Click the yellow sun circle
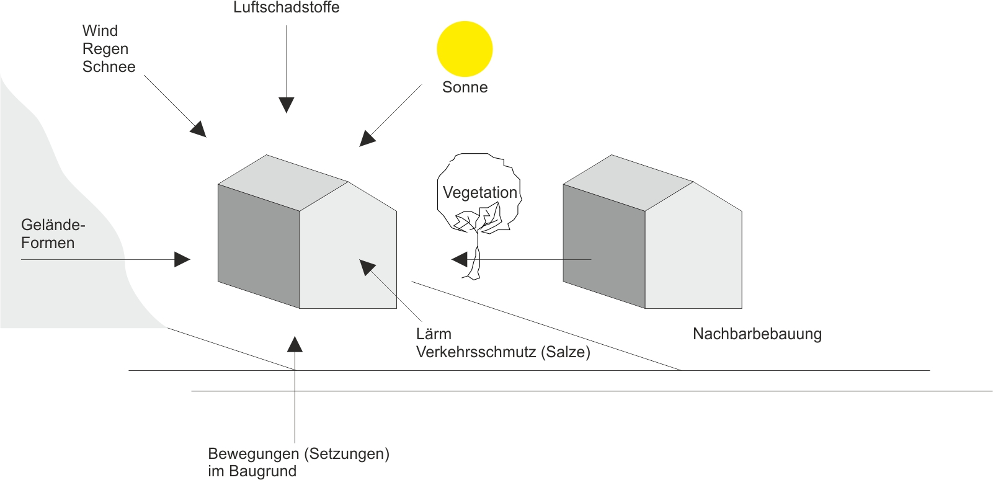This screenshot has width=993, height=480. pyautogui.click(x=465, y=49)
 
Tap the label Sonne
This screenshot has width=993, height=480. pyautogui.click(x=465, y=87)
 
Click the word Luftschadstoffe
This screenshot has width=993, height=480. pyautogui.click(x=286, y=8)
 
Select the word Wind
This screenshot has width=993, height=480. pyautogui.click(x=100, y=31)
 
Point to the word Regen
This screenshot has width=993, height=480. pyautogui.click(x=105, y=49)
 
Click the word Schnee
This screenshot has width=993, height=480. pyautogui.click(x=109, y=67)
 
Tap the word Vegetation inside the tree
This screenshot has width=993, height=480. pyautogui.click(x=479, y=193)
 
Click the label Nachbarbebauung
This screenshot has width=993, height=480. pyautogui.click(x=757, y=334)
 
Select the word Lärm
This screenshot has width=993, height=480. pyautogui.click(x=434, y=334)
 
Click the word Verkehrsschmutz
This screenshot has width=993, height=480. pyautogui.click(x=476, y=352)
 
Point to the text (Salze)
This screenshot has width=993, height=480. pyautogui.click(x=566, y=352)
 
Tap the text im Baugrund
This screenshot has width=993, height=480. pyautogui.click(x=252, y=471)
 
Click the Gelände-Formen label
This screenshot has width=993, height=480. pyautogui.click(x=52, y=234)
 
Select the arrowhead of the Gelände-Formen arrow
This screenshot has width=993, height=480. pyautogui.click(x=182, y=259)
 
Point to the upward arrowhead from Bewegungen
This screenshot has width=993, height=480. pyautogui.click(x=295, y=344)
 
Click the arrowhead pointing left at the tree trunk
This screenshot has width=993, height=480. pyautogui.click(x=460, y=259)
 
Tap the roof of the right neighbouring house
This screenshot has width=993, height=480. pyautogui.click(x=628, y=182)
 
